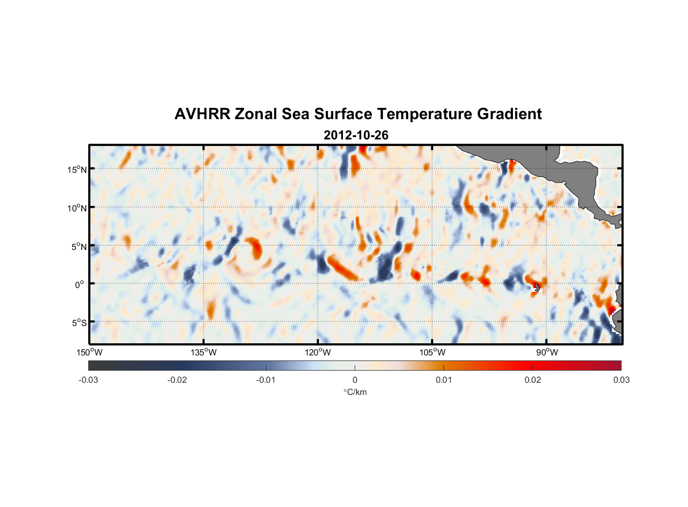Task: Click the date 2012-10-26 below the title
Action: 356,135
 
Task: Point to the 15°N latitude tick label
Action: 77,169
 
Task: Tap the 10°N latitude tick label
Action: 77,208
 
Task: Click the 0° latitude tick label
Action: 80,284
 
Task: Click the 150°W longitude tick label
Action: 89,352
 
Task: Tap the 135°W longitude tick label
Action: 203,352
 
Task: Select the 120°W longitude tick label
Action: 318,352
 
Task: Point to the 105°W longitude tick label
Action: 432,352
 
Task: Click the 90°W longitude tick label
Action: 547,352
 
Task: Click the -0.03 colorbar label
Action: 88,380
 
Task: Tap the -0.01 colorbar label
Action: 266,380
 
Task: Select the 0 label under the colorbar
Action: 355,380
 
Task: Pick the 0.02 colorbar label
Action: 533,380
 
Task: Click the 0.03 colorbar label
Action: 621,380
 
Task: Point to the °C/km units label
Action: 355,392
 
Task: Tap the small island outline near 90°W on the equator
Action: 537,287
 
